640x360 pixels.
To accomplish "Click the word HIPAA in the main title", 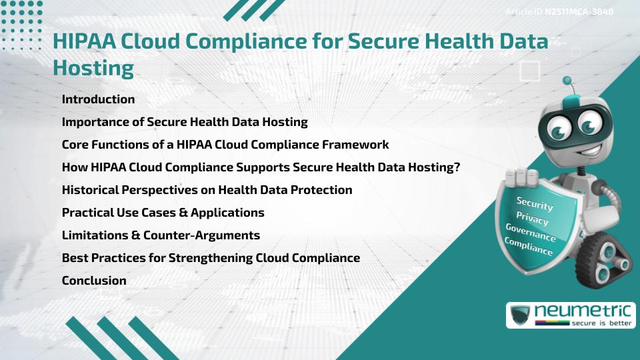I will pyautogui.click(x=81, y=41).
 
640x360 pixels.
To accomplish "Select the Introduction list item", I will pyautogui.click(x=98, y=99).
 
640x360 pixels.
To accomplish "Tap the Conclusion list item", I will pyautogui.click(x=94, y=281).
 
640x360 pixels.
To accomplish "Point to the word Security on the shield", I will pyautogui.click(x=535, y=203).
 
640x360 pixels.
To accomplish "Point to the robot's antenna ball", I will pyautogui.click(x=567, y=81).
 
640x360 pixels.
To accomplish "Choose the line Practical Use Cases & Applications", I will pyautogui.click(x=163, y=213).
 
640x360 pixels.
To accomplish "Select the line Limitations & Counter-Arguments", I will pyautogui.click(x=161, y=235).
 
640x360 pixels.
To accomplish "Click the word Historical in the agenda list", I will pyautogui.click(x=90, y=190).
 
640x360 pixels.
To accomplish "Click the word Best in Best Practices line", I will pyautogui.click(x=74, y=258).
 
